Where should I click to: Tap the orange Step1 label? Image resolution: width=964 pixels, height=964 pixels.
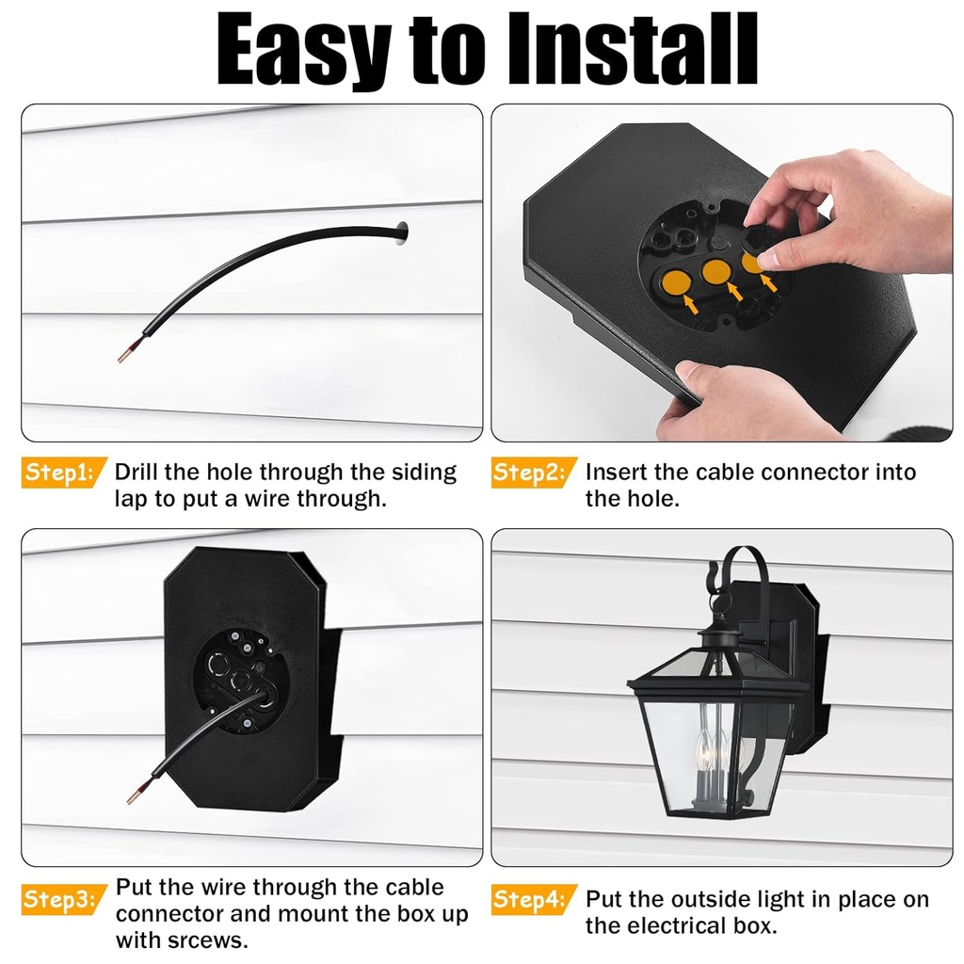click(x=58, y=473)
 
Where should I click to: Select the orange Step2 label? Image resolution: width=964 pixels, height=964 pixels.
click(x=529, y=473)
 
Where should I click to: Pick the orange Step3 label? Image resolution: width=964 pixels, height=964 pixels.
click(x=58, y=899)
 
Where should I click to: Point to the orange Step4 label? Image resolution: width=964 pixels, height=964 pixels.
click(x=529, y=899)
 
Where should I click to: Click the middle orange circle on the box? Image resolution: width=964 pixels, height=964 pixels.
click(x=717, y=273)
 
